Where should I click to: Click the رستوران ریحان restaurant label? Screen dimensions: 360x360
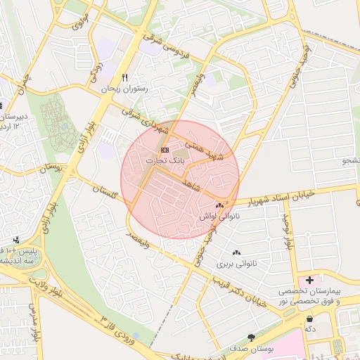tap(123, 89)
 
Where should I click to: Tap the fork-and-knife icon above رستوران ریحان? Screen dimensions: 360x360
tap(125, 77)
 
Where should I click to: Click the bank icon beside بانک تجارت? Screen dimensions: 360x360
tap(165, 150)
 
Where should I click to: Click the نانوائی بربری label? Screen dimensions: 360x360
tap(234, 264)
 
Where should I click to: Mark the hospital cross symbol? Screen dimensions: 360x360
tap(309, 280)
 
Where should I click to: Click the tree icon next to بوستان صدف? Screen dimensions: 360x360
tap(251, 338)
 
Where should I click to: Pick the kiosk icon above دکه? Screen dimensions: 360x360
tap(309, 319)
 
